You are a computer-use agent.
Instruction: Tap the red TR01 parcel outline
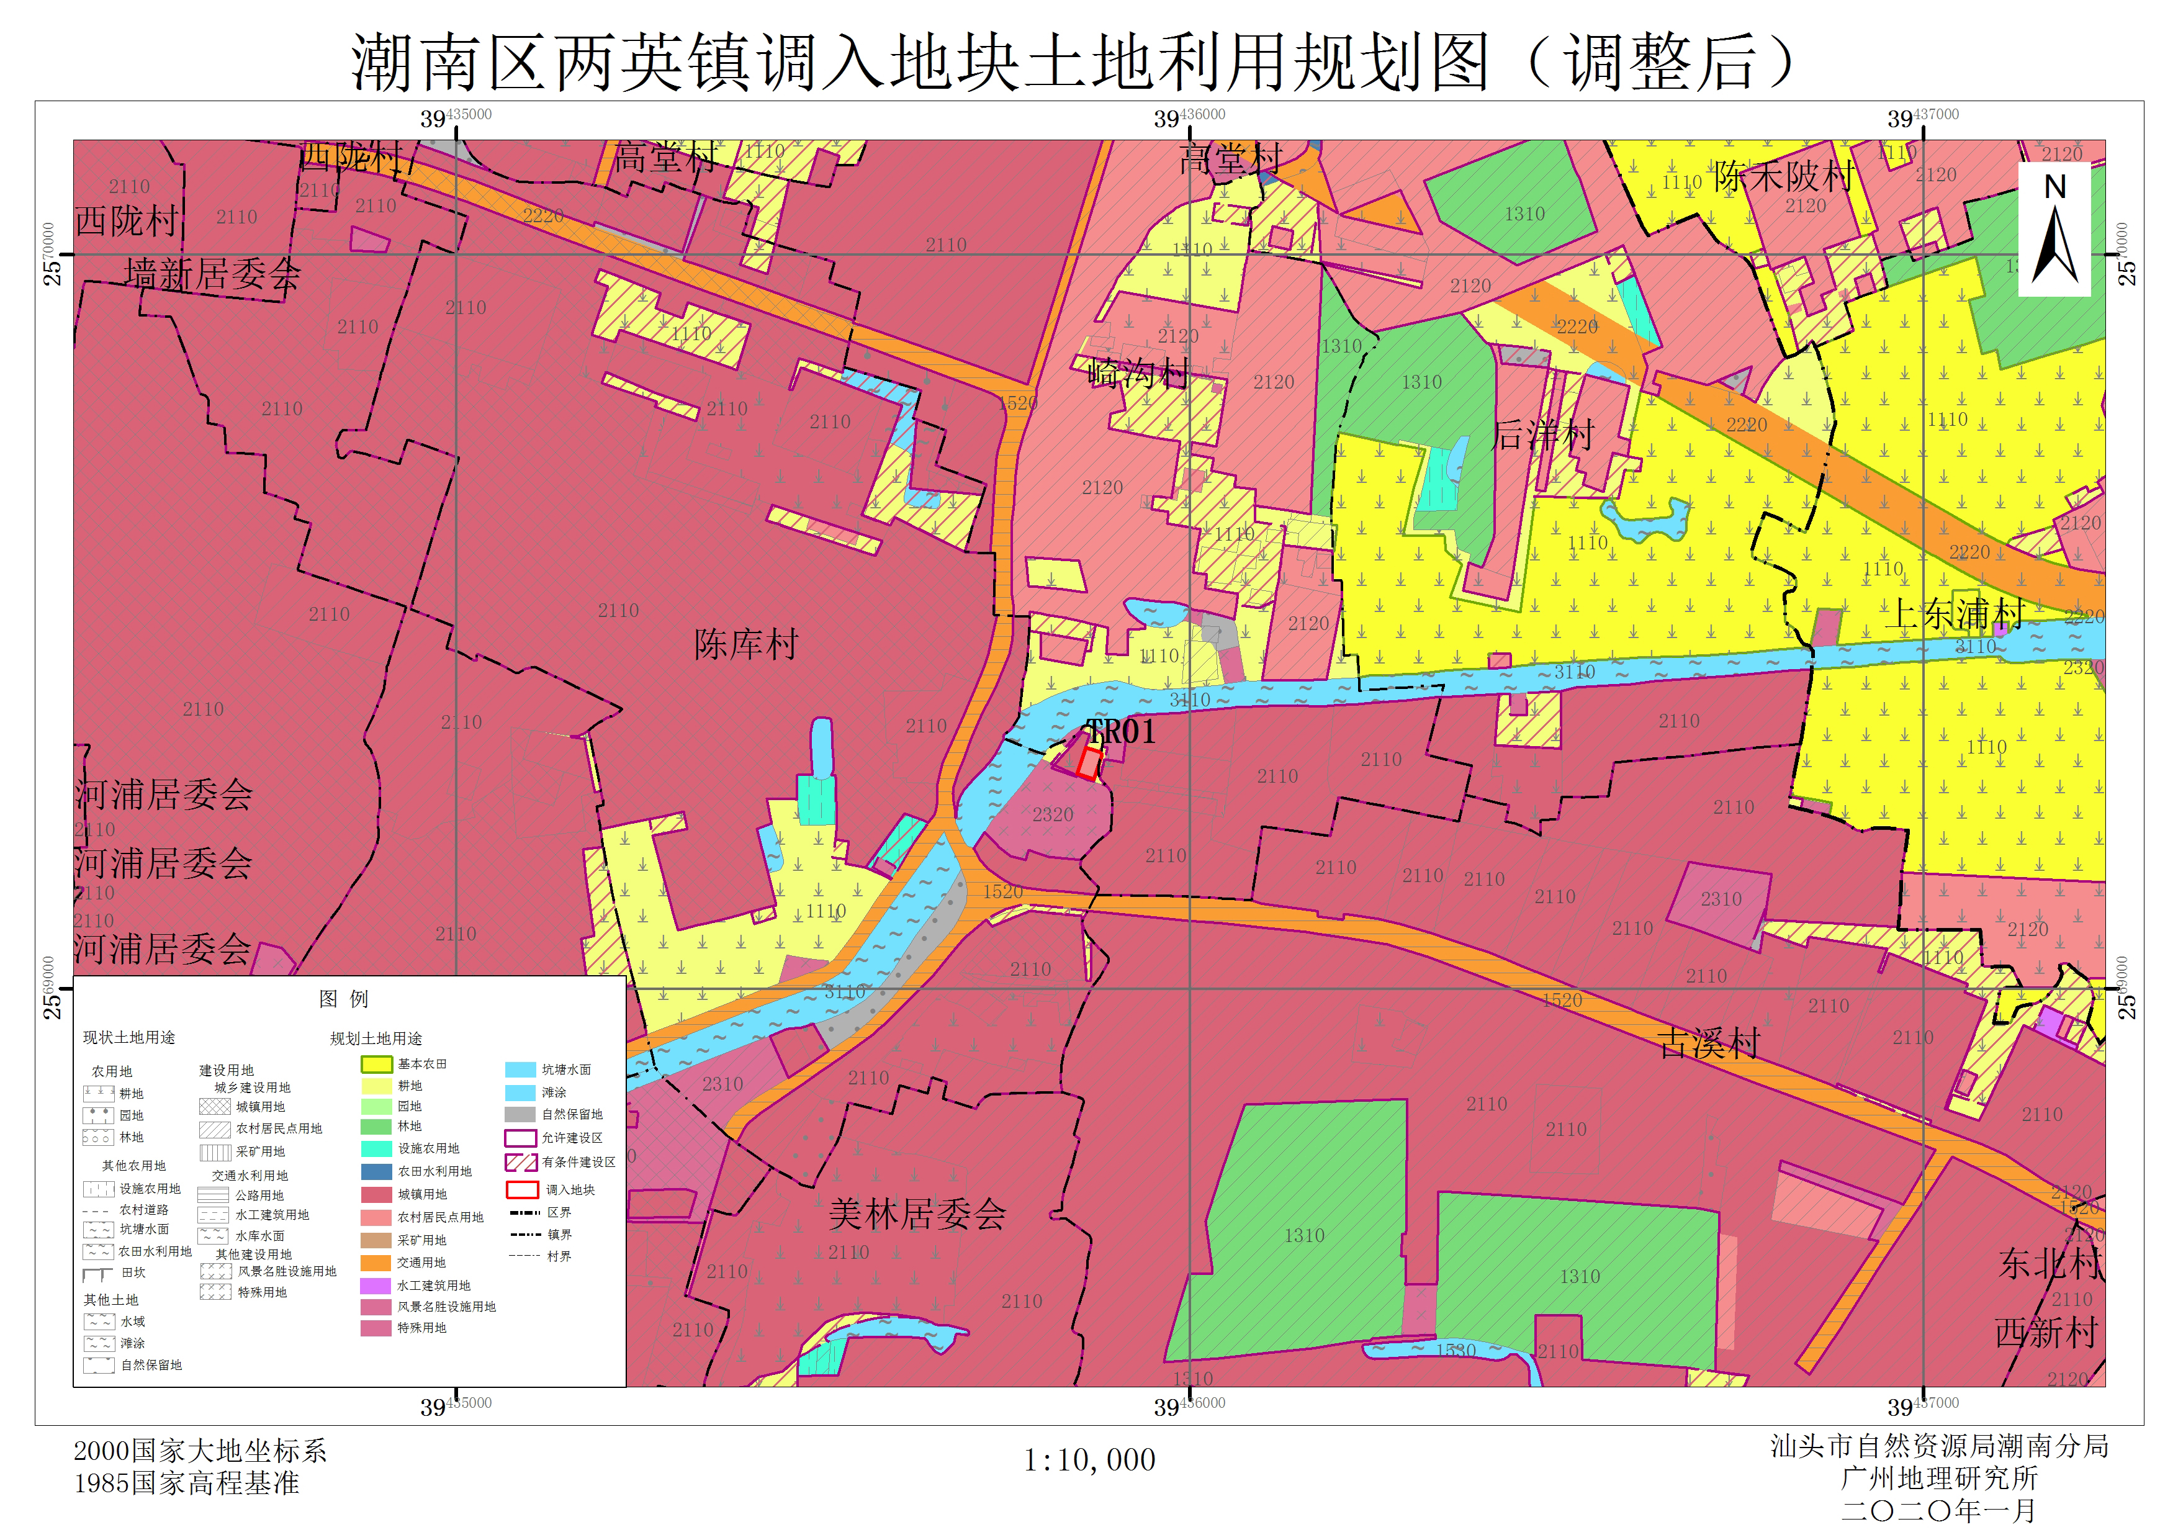1088,764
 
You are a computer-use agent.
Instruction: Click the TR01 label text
1120,732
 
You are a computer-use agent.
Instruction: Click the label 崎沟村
1137,374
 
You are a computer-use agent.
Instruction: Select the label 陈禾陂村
1783,176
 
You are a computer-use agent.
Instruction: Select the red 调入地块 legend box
522,1190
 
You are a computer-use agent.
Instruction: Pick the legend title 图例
343,998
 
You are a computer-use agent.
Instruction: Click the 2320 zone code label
1052,815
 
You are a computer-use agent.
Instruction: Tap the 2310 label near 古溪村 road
1720,899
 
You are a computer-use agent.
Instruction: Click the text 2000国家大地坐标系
200,1451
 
